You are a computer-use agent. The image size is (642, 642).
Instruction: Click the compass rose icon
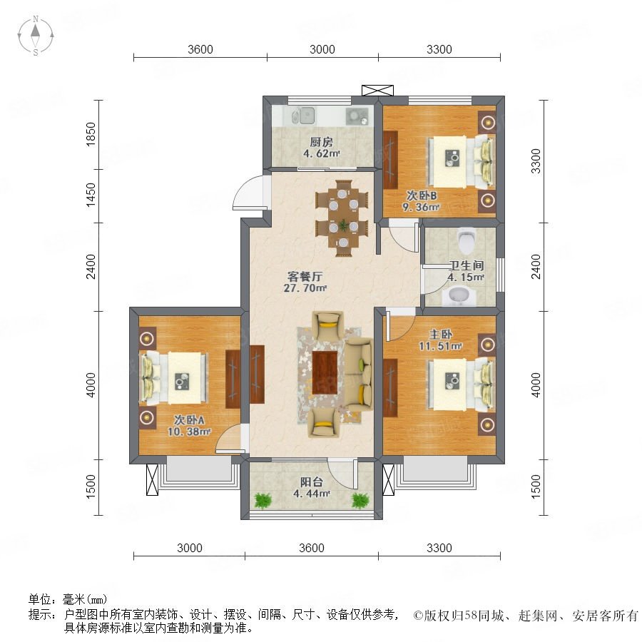pos(36,36)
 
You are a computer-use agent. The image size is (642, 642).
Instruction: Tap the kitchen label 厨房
pos(322,142)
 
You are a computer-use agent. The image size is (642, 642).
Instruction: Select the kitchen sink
pos(303,116)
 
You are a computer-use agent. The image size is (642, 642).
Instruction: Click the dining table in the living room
pos(342,218)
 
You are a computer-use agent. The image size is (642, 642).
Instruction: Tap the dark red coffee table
pos(325,372)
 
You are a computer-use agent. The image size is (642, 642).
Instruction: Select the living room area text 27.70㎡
pos(305,288)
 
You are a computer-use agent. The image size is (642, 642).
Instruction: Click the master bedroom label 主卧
pos(440,334)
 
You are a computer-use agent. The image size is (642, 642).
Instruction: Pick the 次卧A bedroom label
pos(189,419)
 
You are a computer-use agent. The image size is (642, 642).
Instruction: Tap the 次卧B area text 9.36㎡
pos(421,207)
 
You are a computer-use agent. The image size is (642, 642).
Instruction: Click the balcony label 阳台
pos(311,482)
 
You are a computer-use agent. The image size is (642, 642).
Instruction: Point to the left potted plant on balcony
pos(263,500)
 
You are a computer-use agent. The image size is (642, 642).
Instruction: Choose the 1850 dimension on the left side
pos(91,133)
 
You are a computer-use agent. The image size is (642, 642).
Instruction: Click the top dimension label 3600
pos(200,49)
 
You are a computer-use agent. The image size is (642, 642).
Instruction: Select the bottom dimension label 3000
pos(190,548)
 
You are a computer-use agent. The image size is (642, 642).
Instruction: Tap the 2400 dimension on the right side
pos(536,267)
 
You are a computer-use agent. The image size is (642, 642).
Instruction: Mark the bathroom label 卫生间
pos(467,265)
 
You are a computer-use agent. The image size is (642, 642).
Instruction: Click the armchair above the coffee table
pos(327,325)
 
